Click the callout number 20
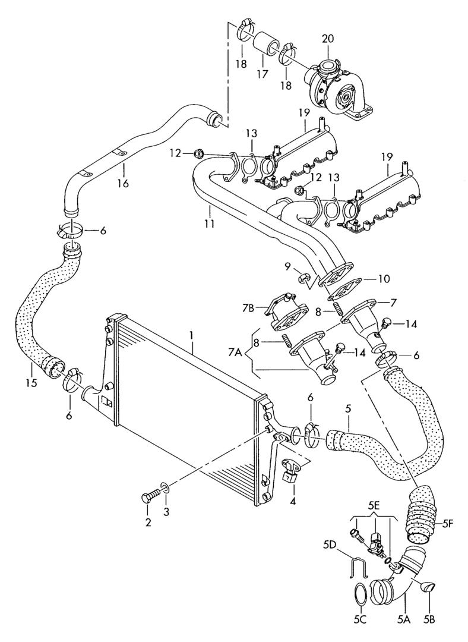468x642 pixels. [x=328, y=39]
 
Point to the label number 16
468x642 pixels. [x=123, y=183]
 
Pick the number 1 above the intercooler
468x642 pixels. [x=192, y=335]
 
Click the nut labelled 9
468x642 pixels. [x=303, y=277]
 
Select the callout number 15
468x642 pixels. [x=31, y=383]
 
